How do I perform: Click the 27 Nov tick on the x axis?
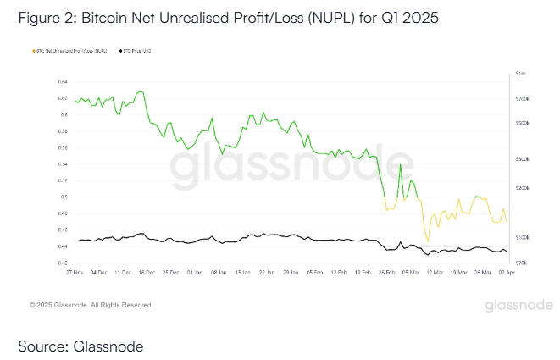pyautogui.click(x=75, y=273)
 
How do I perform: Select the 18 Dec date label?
pyautogui.click(x=147, y=273)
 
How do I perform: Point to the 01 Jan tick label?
pyautogui.click(x=195, y=273)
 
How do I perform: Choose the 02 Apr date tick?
pyautogui.click(x=506, y=273)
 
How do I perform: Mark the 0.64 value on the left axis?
pyautogui.click(x=62, y=81)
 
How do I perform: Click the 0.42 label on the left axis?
pyautogui.click(x=62, y=263)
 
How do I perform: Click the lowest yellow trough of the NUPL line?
pyautogui.click(x=428, y=241)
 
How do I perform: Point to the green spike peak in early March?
pyautogui.click(x=401, y=164)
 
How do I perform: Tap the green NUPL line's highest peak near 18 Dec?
pyautogui.click(x=141, y=91)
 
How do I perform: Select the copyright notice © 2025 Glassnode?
pyautogui.click(x=90, y=303)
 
